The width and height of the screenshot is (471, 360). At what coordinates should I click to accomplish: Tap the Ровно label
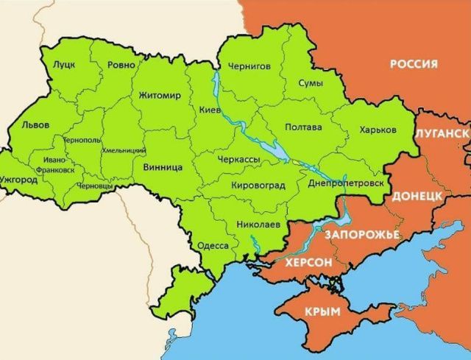pyautogui.click(x=121, y=65)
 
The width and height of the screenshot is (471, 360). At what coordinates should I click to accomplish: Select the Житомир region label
pyautogui.click(x=159, y=95)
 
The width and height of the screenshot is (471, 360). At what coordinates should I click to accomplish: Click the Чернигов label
pyautogui.click(x=249, y=66)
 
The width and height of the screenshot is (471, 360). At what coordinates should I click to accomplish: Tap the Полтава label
pyautogui.click(x=302, y=127)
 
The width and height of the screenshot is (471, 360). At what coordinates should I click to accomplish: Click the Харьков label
pyautogui.click(x=378, y=130)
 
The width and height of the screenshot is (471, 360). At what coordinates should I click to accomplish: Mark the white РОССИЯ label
pyautogui.click(x=413, y=64)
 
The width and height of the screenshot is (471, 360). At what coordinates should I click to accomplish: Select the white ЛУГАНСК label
pyautogui.click(x=442, y=133)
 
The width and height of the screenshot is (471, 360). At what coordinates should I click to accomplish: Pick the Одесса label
pyautogui.click(x=213, y=245)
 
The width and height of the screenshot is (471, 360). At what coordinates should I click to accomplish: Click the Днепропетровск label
pyautogui.click(x=345, y=181)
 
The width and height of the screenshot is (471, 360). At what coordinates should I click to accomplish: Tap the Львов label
pyautogui.click(x=36, y=124)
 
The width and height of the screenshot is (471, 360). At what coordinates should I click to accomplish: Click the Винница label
pyautogui.click(x=163, y=167)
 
